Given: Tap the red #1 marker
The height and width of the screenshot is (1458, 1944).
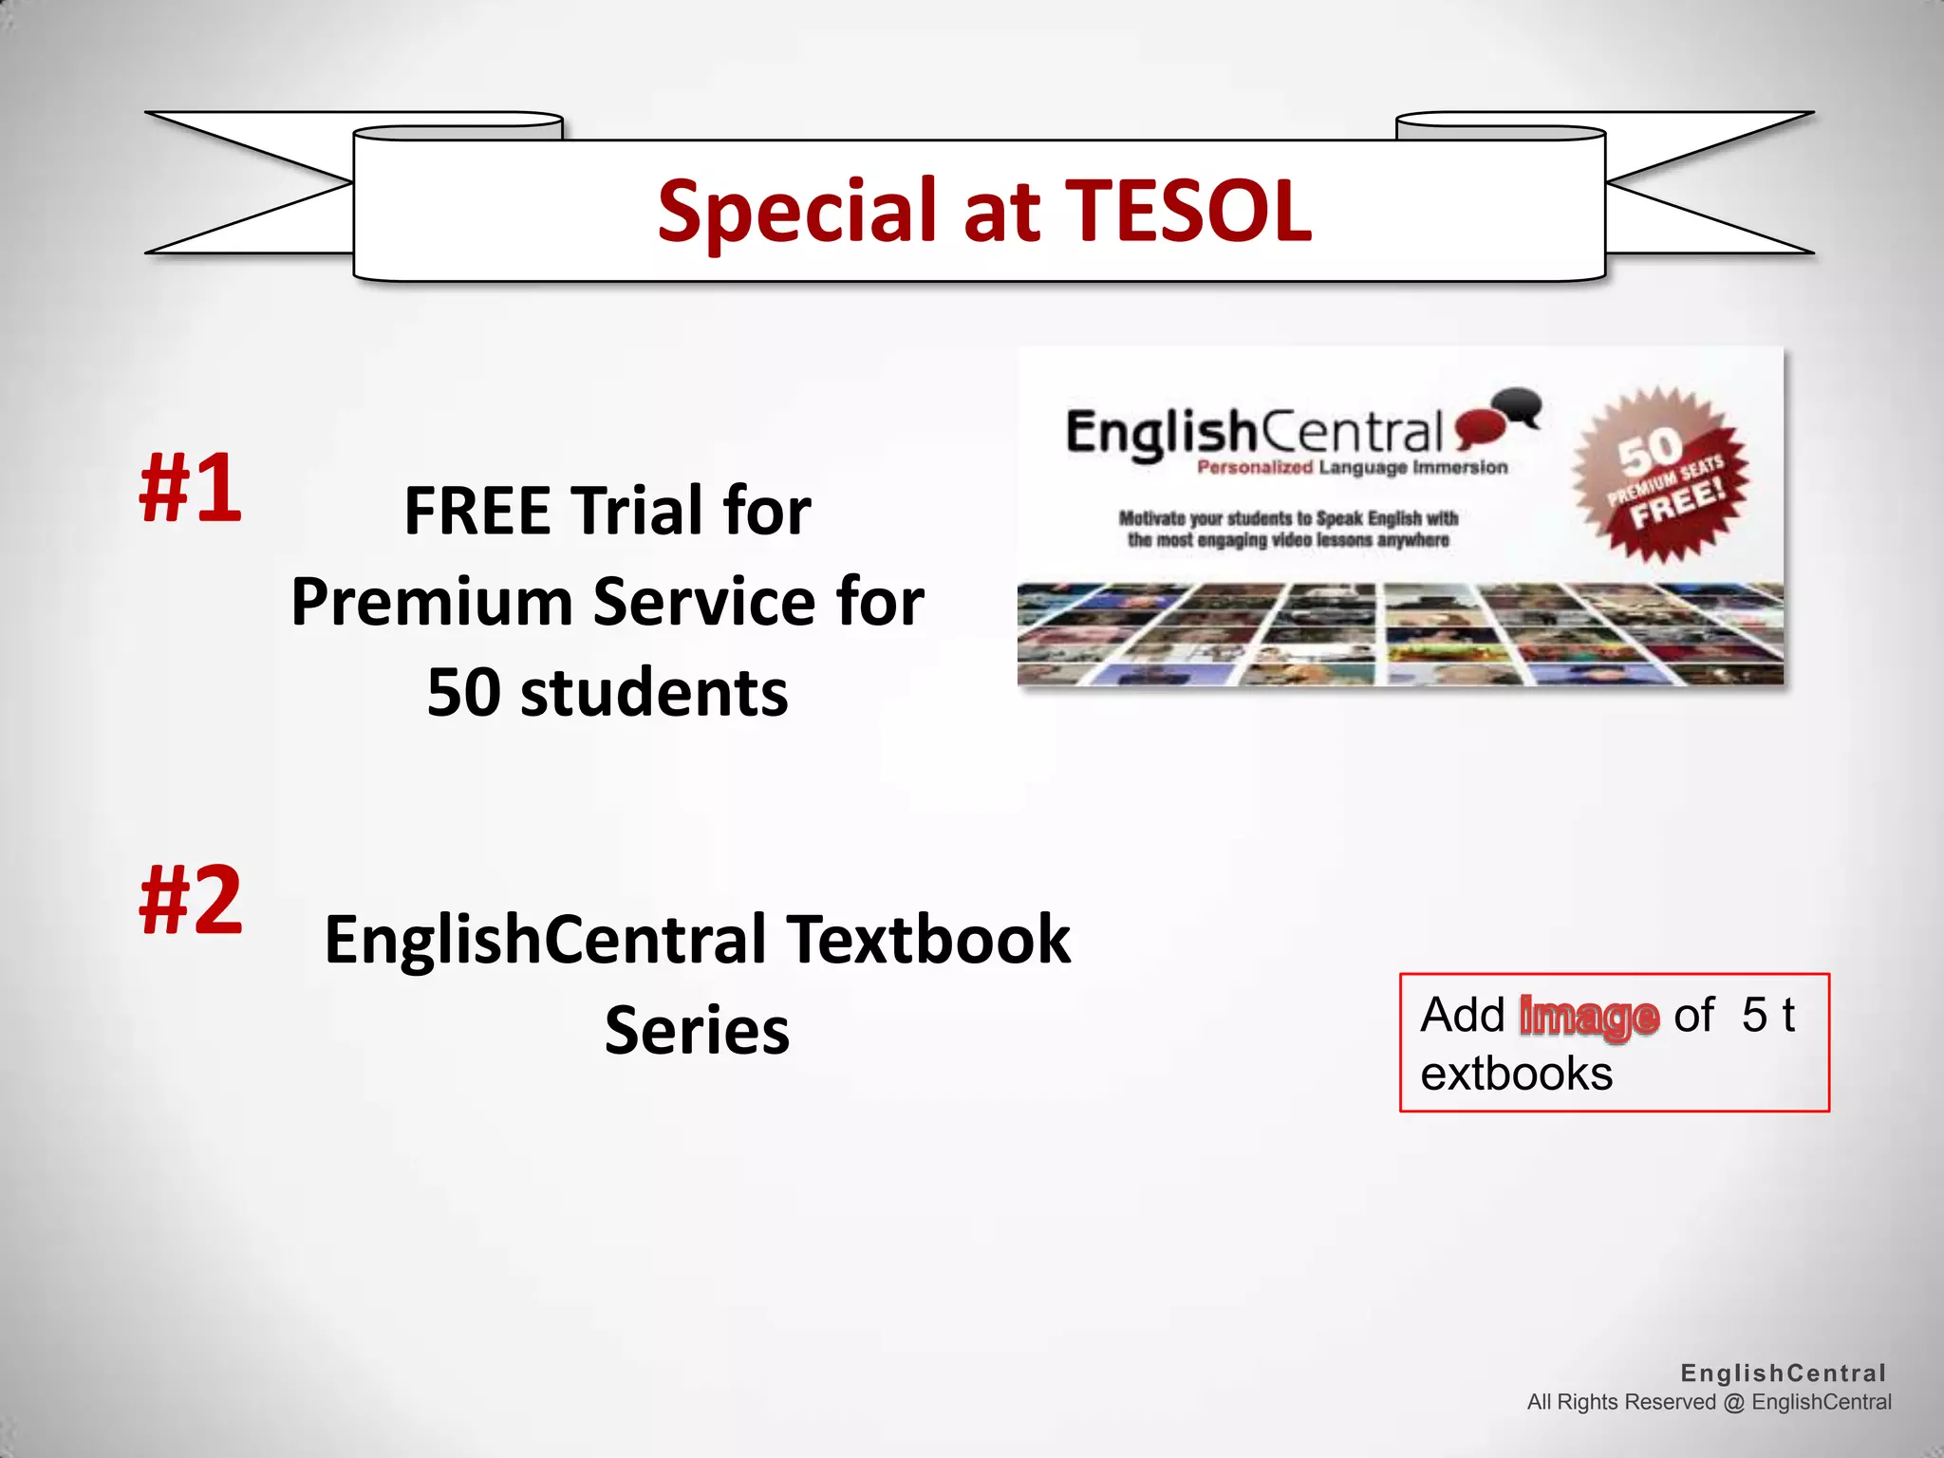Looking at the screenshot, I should [190, 487].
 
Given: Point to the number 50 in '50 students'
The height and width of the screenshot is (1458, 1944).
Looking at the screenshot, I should [463, 692].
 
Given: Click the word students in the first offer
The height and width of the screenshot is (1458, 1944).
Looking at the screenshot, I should [655, 692].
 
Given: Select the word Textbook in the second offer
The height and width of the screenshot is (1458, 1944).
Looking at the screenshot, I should [928, 939].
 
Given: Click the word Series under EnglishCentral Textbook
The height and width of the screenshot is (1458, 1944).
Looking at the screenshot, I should [697, 1030].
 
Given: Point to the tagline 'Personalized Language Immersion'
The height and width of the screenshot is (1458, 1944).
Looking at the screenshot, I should [1352, 467].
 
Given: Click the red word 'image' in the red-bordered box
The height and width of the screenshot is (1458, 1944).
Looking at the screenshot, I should [1589, 1017].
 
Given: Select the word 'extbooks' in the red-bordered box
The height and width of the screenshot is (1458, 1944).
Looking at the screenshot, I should [1516, 1075].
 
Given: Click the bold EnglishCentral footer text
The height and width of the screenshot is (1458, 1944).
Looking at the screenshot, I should [1783, 1373].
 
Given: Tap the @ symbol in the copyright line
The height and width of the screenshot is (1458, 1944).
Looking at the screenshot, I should [1733, 1402].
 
